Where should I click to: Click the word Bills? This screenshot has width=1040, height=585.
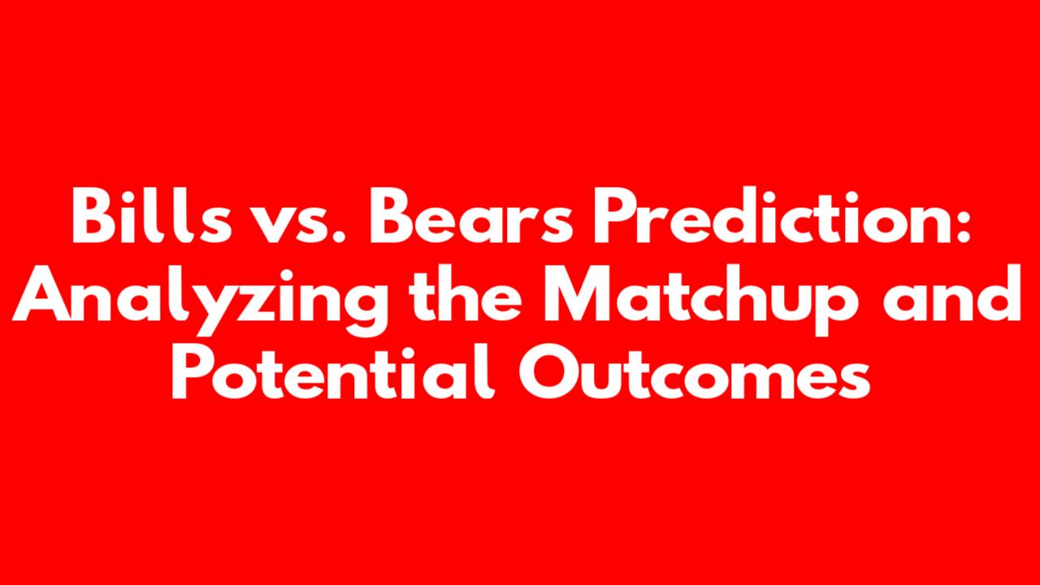pos(151,215)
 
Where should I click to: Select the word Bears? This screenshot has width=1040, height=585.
pos(470,216)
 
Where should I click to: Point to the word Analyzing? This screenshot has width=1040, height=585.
pos(200,301)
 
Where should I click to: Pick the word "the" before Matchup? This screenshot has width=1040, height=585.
pos(465,293)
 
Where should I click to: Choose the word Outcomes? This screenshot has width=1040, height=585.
pos(694,370)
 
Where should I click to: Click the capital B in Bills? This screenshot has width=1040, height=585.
pos(93,216)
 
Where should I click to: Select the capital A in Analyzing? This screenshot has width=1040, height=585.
pos(41,293)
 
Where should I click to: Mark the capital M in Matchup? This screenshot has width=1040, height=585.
pos(574,293)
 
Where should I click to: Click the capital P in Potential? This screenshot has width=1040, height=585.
pos(192,370)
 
